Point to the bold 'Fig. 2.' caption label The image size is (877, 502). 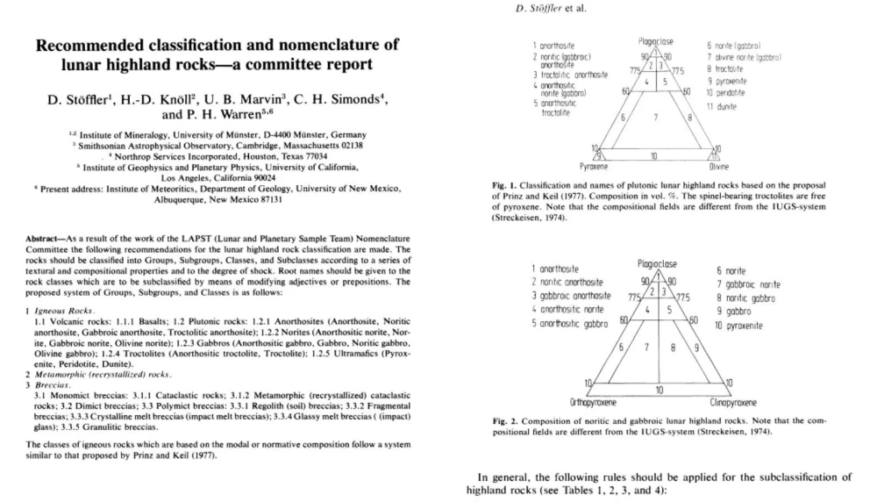pos(510,420)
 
